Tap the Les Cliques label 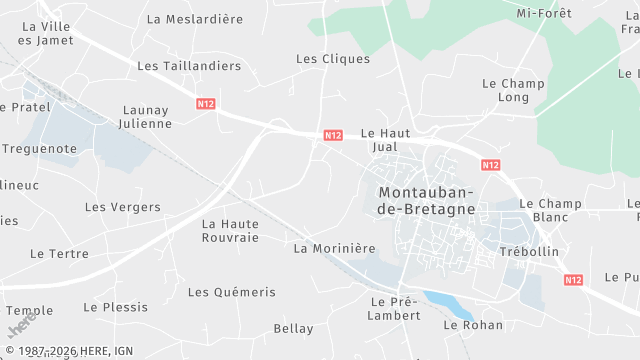point(333,59)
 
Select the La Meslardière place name point(195,19)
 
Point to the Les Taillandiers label point(189,66)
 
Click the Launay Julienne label point(146,117)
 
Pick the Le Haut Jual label point(385,140)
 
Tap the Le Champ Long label point(513,91)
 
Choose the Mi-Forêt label point(544,14)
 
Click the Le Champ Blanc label point(550,210)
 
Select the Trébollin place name point(529,252)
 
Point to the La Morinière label point(334,248)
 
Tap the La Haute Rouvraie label point(230,231)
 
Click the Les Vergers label point(122,208)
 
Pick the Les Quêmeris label point(231,292)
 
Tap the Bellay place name point(293,329)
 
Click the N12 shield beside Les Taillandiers point(206,103)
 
